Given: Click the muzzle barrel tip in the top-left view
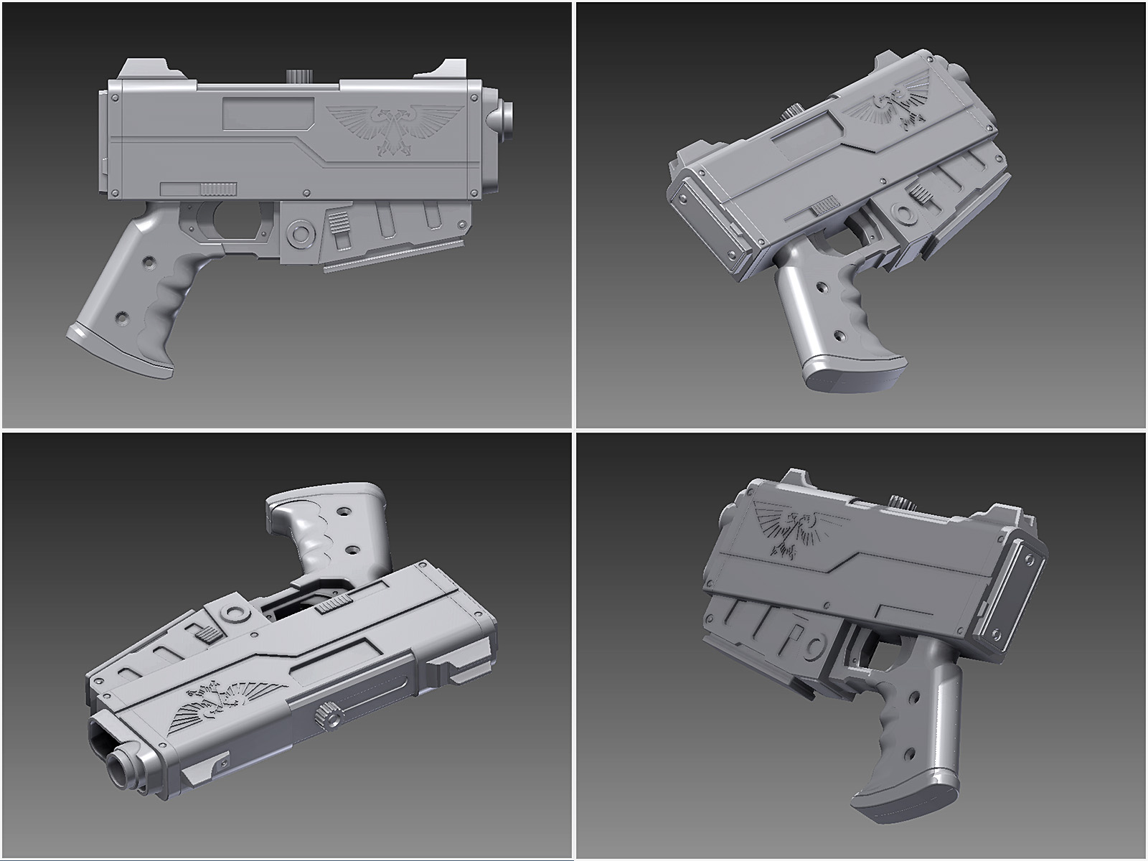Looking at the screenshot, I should coord(507,119).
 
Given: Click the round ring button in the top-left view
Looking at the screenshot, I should coord(297,233).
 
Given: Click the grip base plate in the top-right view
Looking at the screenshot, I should coord(850,373).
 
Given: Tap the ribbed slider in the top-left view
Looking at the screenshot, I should coord(219,189).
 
